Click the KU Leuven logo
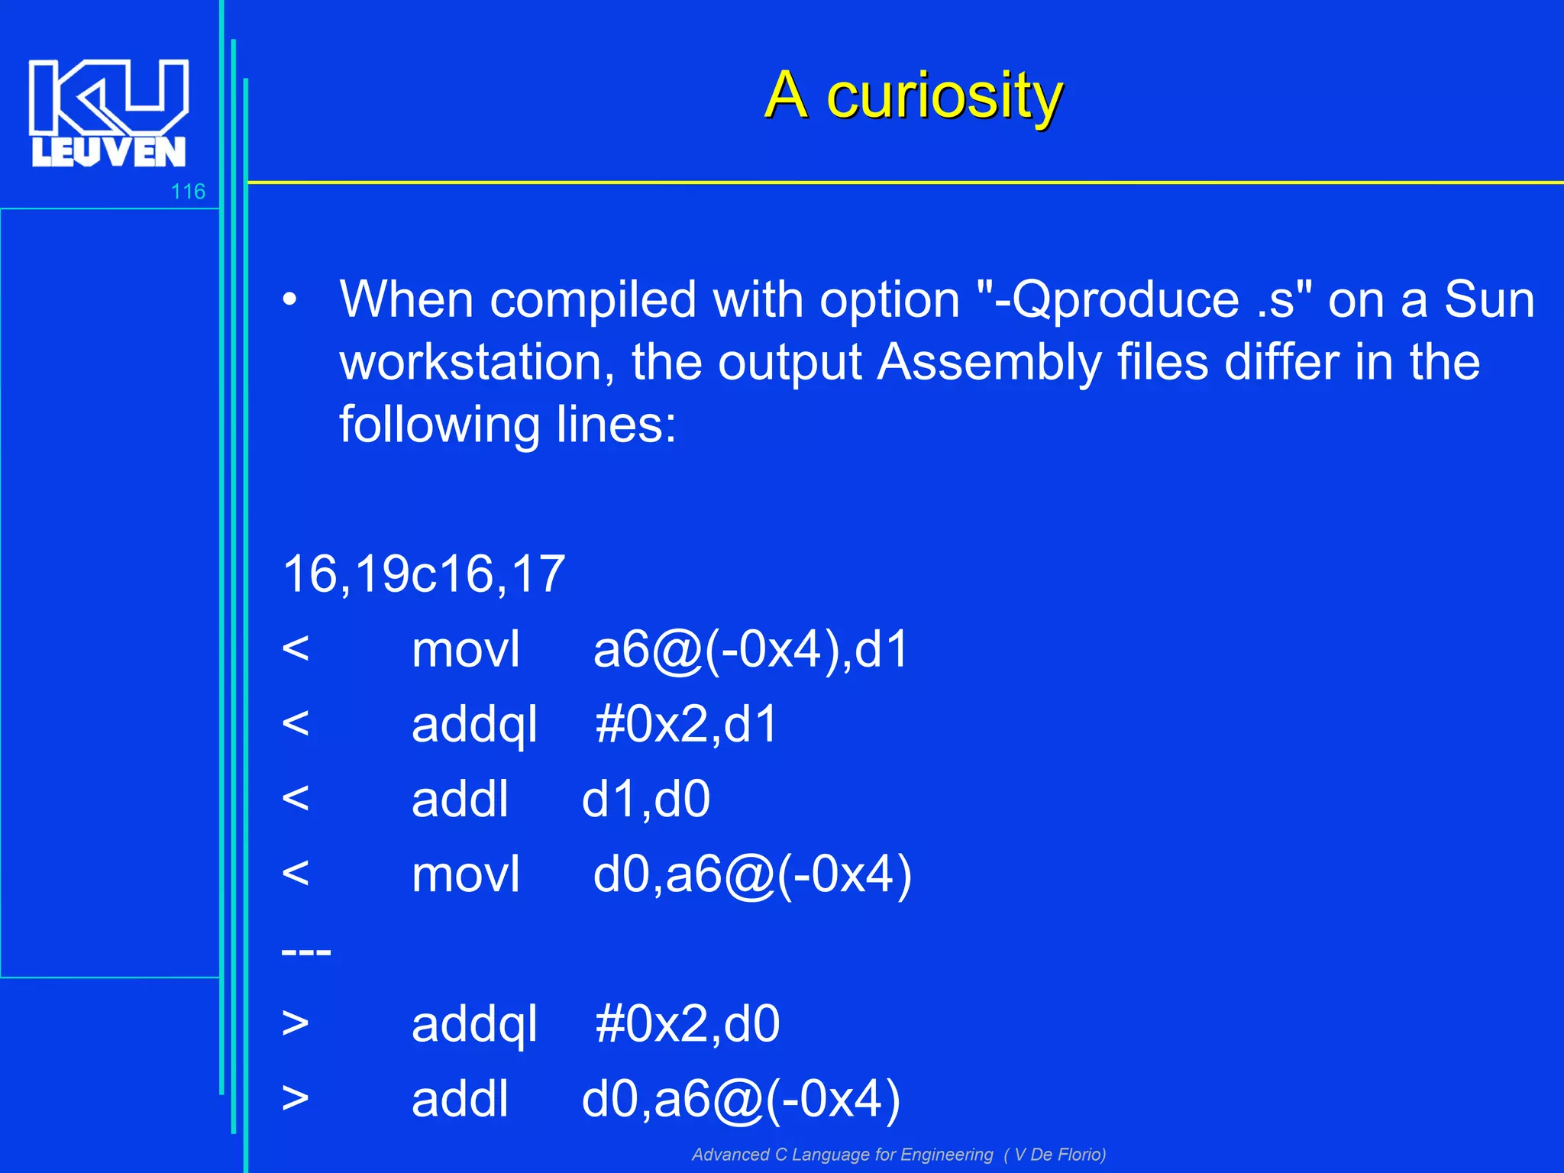tap(108, 112)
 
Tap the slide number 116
tap(188, 191)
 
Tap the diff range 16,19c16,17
tap(424, 574)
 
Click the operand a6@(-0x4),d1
tap(751, 650)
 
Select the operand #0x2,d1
tap(686, 724)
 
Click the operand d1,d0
tap(646, 800)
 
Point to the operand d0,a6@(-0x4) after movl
tap(752, 874)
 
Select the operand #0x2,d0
tap(687, 1024)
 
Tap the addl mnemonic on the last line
tap(460, 1099)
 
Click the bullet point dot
tap(289, 300)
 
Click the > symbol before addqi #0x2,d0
tap(296, 1023)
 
